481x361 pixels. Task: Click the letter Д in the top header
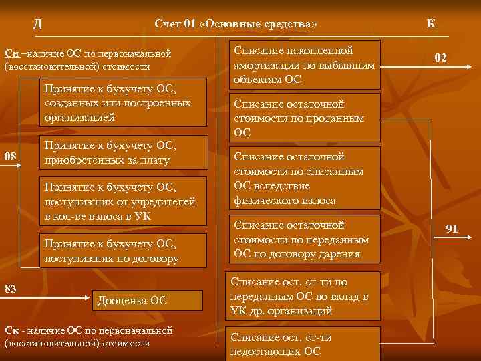tap(37, 24)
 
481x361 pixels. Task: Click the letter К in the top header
tap(431, 24)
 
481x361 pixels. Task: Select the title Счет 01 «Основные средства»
tap(235, 24)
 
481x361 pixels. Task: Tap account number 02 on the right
tap(440, 58)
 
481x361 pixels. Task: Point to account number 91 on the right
tap(452, 229)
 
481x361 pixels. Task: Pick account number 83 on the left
tap(11, 288)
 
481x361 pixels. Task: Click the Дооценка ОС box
tap(145, 300)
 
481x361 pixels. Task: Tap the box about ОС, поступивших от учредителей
tap(123, 201)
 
